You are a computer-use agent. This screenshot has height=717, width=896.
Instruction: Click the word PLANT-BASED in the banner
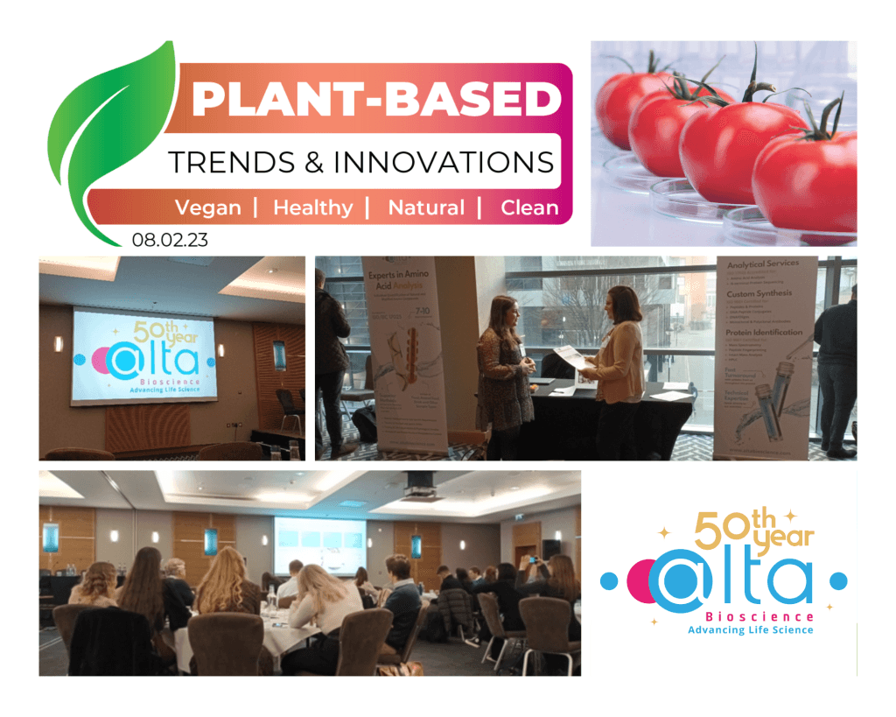pyautogui.click(x=375, y=99)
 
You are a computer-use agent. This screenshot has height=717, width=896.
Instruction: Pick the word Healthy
pyautogui.click(x=312, y=207)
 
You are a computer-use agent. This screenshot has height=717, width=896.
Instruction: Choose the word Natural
pyautogui.click(x=425, y=207)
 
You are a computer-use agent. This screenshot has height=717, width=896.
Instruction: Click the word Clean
pyautogui.click(x=529, y=207)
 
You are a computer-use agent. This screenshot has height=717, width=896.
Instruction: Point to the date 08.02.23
pyautogui.click(x=170, y=239)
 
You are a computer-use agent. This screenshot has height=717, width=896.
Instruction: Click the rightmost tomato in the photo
pyautogui.click(x=806, y=179)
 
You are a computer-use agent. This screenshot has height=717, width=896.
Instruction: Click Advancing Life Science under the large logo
pyautogui.click(x=750, y=629)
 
